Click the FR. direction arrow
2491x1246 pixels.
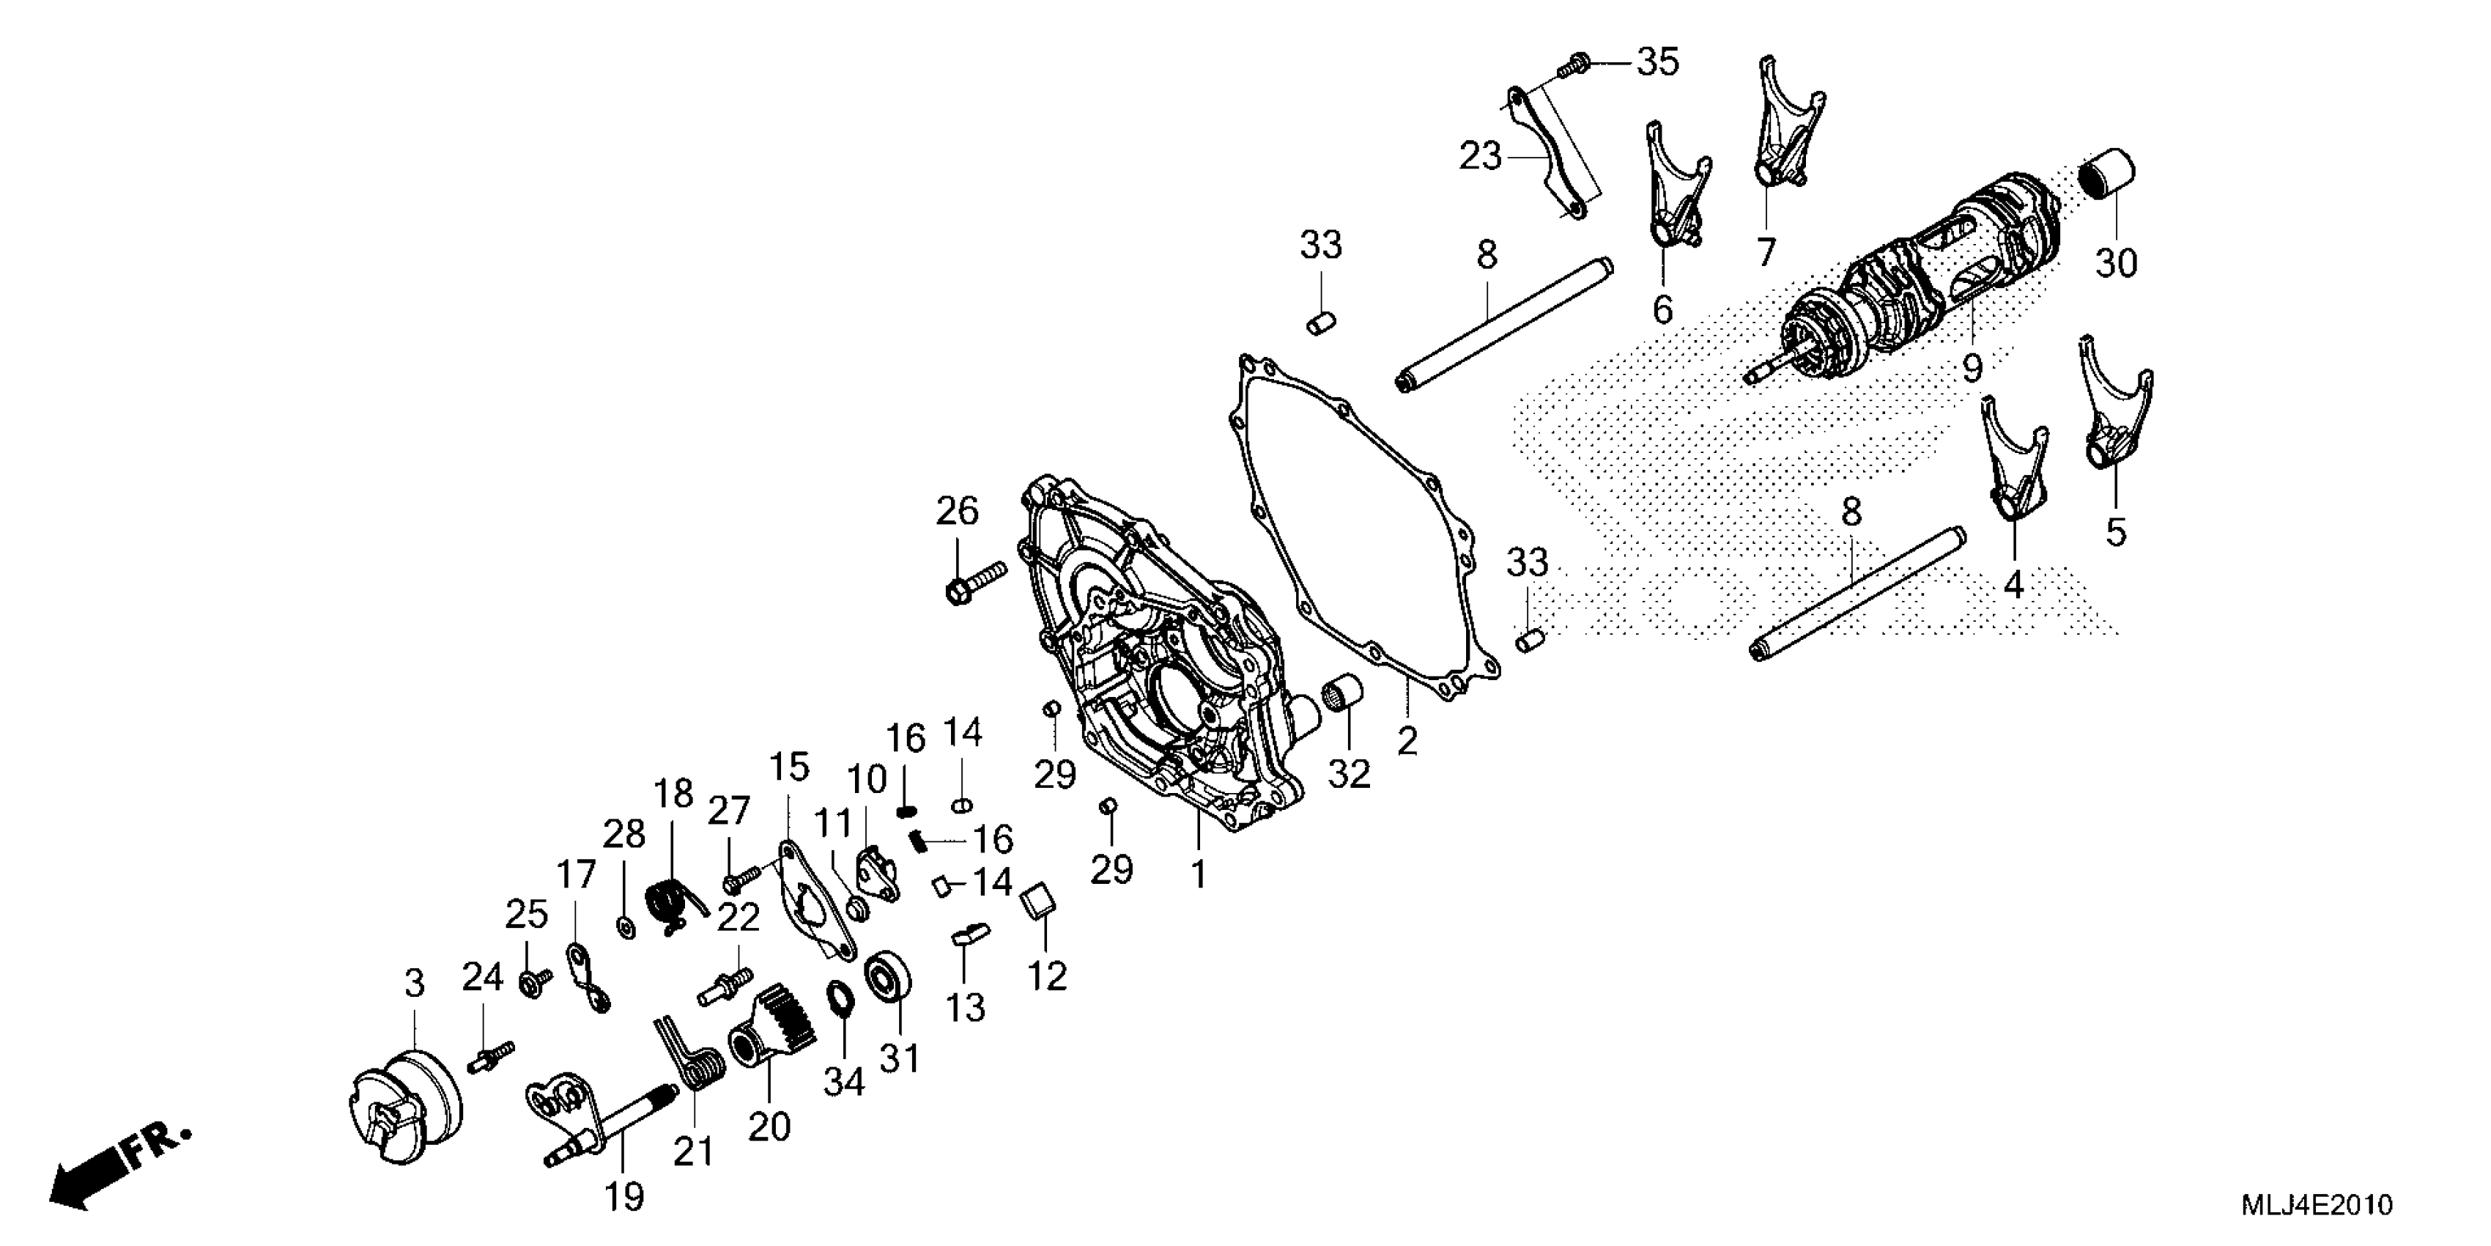pos(116,1171)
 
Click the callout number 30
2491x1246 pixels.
pos(2116,263)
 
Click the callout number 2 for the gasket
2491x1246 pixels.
pos(1407,740)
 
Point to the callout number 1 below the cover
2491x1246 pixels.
pos(1198,874)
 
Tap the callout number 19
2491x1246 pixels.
pos(625,1197)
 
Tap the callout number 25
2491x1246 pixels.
pos(527,914)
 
